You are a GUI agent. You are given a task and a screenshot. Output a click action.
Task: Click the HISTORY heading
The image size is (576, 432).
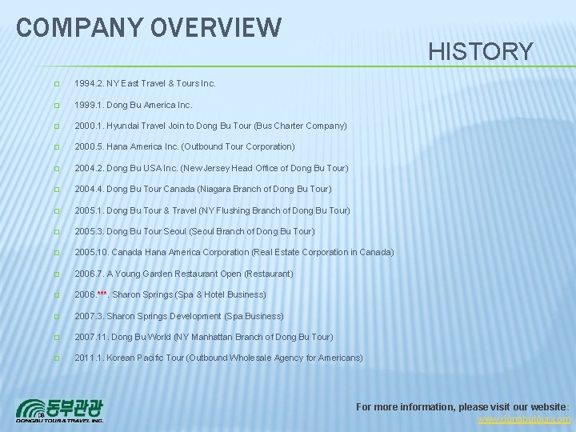[481, 52]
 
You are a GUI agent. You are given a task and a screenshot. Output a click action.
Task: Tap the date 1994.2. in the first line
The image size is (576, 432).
[88, 83]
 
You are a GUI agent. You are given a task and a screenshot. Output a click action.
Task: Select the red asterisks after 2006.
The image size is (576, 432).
[102, 295]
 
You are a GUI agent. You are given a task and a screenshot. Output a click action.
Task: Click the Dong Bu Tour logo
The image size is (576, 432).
[60, 410]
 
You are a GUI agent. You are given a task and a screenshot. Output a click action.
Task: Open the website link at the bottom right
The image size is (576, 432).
[524, 419]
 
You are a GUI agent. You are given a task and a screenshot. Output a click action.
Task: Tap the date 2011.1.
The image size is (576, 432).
[88, 358]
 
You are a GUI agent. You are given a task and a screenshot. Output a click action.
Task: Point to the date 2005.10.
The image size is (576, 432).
[90, 253]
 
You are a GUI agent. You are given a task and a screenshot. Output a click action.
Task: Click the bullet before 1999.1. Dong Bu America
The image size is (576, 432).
[56, 105]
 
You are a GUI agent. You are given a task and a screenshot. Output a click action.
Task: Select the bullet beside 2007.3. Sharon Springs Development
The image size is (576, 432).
[56, 316]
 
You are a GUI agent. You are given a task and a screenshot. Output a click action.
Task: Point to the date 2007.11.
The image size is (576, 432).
[90, 337]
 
